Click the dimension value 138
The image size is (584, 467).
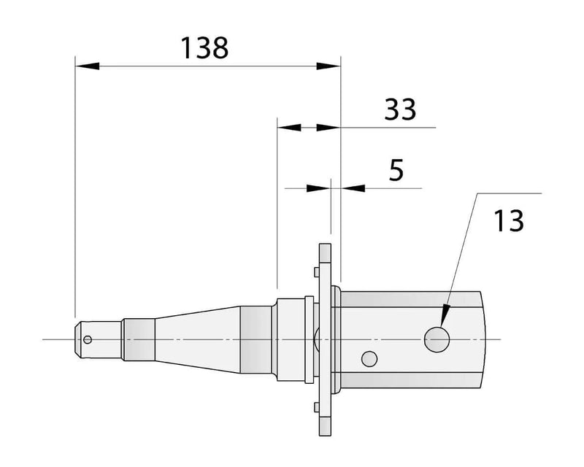[x=204, y=48]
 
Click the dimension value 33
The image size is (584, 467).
[x=400, y=109]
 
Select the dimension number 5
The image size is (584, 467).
[x=396, y=169]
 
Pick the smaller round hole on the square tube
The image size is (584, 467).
[x=369, y=358]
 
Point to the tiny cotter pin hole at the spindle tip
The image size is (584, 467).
[x=88, y=339]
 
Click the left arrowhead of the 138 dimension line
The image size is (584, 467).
[x=87, y=66]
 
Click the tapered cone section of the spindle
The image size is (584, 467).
[x=197, y=339]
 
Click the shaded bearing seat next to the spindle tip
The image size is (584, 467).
[x=139, y=339]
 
